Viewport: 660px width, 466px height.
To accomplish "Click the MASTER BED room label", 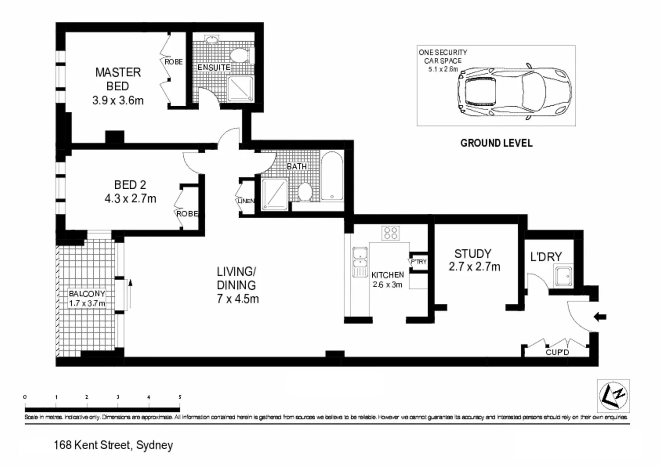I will (x=118, y=79).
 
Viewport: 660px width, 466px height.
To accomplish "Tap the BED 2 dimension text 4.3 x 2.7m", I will (x=130, y=199).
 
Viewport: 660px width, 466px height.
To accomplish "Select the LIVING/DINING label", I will (x=236, y=278).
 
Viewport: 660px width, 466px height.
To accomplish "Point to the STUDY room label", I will (x=472, y=254).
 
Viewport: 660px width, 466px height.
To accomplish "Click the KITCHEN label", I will (x=387, y=275).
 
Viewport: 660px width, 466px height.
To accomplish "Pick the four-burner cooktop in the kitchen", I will (x=390, y=233).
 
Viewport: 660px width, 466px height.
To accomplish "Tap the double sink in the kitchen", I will (x=360, y=262).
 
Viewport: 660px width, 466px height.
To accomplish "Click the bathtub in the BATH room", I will (x=332, y=176).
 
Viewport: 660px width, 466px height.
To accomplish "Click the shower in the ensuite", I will (x=241, y=89).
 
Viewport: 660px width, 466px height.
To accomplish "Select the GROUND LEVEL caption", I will (x=496, y=144).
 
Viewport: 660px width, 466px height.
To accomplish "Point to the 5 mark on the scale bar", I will (x=180, y=397).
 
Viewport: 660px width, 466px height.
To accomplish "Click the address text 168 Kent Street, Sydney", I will (x=113, y=445).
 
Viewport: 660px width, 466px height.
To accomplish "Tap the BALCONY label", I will (x=87, y=294).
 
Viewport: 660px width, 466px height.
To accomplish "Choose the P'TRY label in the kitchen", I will (x=418, y=262).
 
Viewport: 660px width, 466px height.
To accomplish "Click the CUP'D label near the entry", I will (x=557, y=352).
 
